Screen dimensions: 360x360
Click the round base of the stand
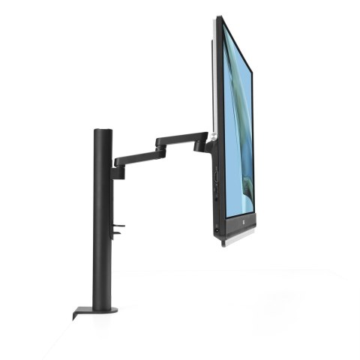102,308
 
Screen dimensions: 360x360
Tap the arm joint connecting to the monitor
203,142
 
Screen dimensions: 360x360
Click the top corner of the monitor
220,18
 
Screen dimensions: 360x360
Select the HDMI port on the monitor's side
215,178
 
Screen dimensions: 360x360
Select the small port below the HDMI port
215,192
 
